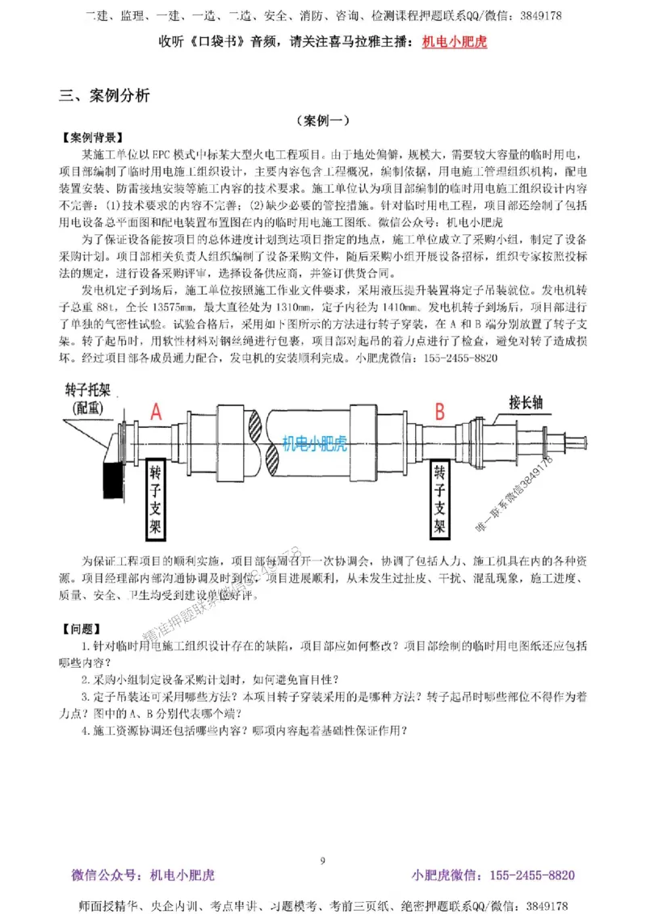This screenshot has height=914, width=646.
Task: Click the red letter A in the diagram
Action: [157, 412]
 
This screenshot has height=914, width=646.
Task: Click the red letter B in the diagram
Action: [440, 412]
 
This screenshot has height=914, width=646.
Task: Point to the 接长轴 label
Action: [531, 401]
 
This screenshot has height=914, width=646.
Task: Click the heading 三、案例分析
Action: [104, 95]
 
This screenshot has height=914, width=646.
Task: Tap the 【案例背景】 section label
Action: [92, 136]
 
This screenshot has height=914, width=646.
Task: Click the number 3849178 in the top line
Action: [540, 15]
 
